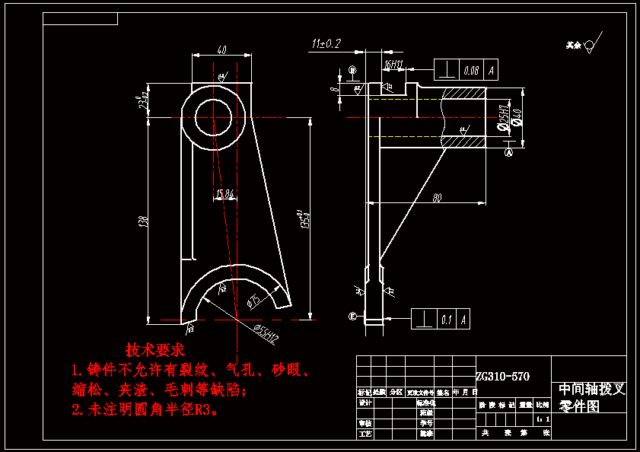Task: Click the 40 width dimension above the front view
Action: click(221, 50)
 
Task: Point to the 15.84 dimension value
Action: click(224, 195)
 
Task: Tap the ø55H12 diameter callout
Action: click(263, 330)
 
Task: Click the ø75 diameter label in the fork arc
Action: click(254, 301)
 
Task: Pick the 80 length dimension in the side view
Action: click(437, 198)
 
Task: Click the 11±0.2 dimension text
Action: click(326, 43)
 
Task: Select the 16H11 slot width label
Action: click(393, 65)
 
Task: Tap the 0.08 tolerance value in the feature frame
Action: click(471, 71)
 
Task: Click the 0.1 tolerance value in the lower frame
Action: click(446, 320)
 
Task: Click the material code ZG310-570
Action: click(502, 376)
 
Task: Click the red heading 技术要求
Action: click(155, 351)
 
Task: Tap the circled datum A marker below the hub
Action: click(509, 152)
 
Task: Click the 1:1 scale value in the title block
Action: click(541, 419)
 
